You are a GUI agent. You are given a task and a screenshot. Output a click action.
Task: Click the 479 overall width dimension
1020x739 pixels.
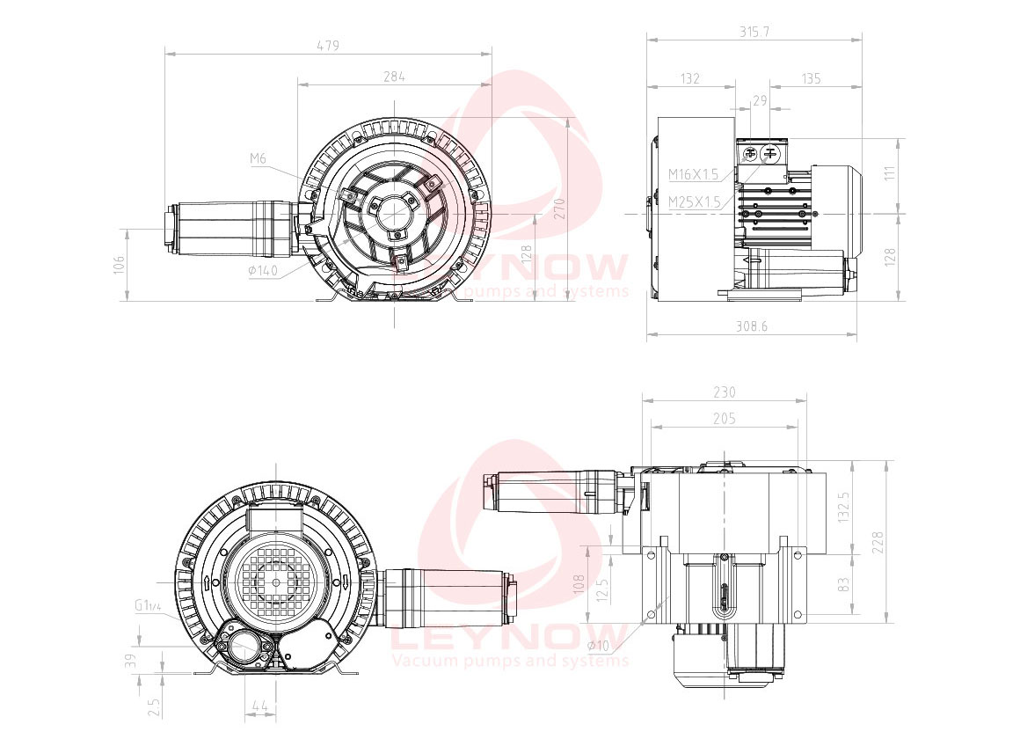pyautogui.click(x=327, y=46)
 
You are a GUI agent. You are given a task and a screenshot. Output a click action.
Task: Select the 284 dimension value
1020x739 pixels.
pyautogui.click(x=394, y=77)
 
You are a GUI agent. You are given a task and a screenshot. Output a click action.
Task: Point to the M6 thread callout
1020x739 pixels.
pyautogui.click(x=258, y=158)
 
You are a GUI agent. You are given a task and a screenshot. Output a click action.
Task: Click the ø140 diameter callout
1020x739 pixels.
pyautogui.click(x=263, y=271)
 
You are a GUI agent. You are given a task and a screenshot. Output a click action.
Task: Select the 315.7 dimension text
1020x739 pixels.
pyautogui.click(x=754, y=31)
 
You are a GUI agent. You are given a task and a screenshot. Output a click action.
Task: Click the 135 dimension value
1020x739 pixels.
pyautogui.click(x=811, y=79)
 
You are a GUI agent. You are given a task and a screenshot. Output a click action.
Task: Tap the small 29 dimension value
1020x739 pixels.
pyautogui.click(x=760, y=101)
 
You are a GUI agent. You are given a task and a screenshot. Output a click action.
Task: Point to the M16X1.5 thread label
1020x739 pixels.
pyautogui.click(x=693, y=174)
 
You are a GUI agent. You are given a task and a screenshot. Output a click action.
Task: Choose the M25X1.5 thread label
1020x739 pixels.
pyautogui.click(x=694, y=202)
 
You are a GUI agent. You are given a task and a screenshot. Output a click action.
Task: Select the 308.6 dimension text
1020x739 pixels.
pyautogui.click(x=753, y=326)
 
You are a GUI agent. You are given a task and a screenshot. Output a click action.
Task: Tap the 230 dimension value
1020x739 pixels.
pyautogui.click(x=725, y=392)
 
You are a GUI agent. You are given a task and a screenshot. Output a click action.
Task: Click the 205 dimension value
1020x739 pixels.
pyautogui.click(x=725, y=420)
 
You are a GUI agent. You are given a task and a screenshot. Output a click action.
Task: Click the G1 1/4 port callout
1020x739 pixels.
pyautogui.click(x=148, y=605)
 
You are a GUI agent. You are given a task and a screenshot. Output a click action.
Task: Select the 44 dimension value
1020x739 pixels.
pyautogui.click(x=259, y=706)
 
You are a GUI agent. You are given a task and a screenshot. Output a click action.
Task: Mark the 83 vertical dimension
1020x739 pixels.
pyautogui.click(x=844, y=583)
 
